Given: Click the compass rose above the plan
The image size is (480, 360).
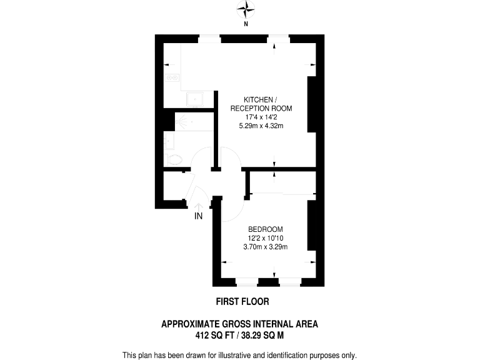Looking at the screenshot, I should point(246,9).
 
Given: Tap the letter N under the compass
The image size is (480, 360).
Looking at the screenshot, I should point(246,24).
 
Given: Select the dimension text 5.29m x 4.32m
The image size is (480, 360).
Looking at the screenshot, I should point(261,126).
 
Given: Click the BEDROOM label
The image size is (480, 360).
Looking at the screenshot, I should point(265,229).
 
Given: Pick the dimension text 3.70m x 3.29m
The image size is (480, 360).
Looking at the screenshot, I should point(265,246).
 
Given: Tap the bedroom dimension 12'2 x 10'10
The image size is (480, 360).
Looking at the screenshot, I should point(265,237).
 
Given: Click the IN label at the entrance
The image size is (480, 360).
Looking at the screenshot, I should point(199,216).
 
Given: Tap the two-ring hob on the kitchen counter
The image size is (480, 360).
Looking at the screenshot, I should point(172,78).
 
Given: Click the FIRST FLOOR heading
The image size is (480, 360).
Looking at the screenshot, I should point(242,301).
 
